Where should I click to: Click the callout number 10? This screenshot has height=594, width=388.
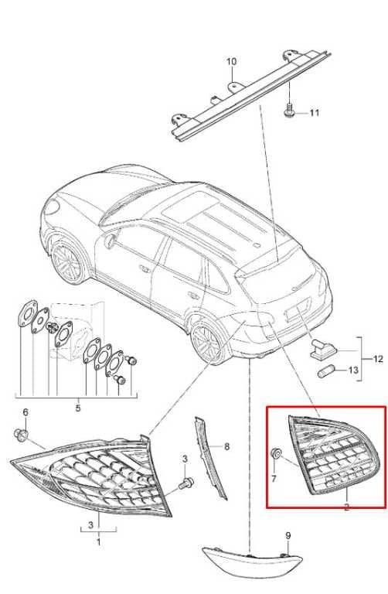[231, 61]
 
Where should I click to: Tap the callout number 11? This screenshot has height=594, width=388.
[315, 113]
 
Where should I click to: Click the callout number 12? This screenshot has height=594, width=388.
[378, 359]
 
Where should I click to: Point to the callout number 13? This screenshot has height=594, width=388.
[352, 370]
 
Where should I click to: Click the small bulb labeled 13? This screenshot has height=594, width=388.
[324, 370]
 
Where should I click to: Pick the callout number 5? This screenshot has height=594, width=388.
[77, 408]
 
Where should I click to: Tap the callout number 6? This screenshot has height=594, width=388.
[26, 412]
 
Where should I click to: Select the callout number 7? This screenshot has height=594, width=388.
[274, 479]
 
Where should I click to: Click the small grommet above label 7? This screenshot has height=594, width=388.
[277, 452]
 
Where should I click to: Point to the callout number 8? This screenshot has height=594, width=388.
[226, 446]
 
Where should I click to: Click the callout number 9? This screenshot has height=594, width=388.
[288, 536]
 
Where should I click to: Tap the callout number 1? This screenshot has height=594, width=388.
[99, 542]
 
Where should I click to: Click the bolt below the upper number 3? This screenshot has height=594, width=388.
[185, 483]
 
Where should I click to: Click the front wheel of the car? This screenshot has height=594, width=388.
[67, 261]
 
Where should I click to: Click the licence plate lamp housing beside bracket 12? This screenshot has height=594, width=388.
[321, 349]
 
